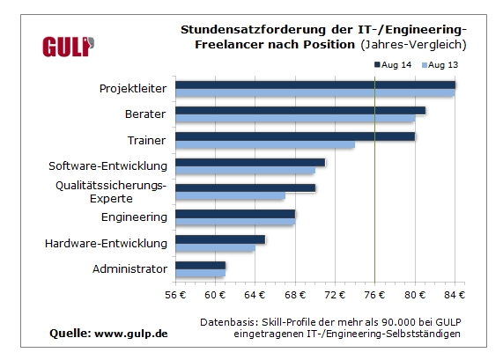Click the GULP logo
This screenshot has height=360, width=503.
68,47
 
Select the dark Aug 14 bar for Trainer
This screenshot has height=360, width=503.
295,136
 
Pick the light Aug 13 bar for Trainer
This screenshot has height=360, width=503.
265,144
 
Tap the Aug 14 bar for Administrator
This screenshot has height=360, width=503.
201,265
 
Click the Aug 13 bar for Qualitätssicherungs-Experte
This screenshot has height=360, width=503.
230,195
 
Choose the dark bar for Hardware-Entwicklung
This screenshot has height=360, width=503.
220,239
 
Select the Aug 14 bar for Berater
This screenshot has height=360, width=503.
300,111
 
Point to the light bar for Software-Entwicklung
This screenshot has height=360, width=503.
246,170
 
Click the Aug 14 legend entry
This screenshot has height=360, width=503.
393,65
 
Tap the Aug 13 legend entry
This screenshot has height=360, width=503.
440,65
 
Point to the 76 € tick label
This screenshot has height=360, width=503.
374,295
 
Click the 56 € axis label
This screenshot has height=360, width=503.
175,295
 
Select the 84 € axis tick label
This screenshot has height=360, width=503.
455,295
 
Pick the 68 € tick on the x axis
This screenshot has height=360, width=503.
295,295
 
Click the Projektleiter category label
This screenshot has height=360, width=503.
133,89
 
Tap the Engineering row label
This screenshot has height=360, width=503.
134,217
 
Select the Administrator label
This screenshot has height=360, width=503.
129,269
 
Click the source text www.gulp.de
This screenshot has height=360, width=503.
131,334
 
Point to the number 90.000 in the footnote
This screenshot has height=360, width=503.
397,322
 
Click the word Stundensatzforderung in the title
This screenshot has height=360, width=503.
253,30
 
